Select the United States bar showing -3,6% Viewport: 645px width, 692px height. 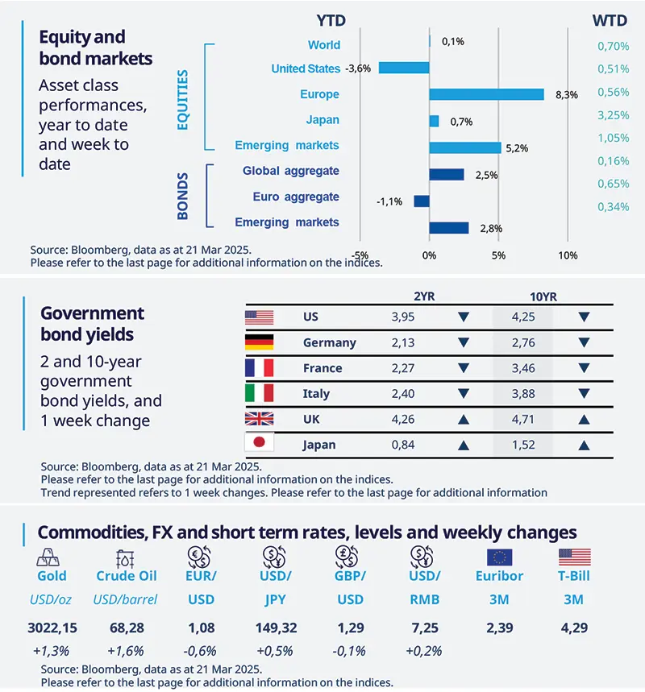click(x=404, y=68)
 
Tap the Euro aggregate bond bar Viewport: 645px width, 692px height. click(x=421, y=200)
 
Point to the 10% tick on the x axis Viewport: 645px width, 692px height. click(x=568, y=255)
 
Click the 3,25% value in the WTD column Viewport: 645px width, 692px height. click(x=613, y=115)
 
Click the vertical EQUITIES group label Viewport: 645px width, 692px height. click(x=183, y=100)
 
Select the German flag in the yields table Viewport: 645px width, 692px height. click(x=259, y=342)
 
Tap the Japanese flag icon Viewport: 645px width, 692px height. click(x=259, y=444)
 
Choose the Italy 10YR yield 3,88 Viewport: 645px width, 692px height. click(x=522, y=393)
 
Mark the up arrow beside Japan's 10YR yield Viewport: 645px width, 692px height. click(x=584, y=445)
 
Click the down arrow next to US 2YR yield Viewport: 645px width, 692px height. click(x=463, y=317)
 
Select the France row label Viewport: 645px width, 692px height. click(x=322, y=368)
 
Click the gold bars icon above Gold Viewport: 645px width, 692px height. click(x=52, y=557)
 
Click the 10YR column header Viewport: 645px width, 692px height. click(x=522, y=296)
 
